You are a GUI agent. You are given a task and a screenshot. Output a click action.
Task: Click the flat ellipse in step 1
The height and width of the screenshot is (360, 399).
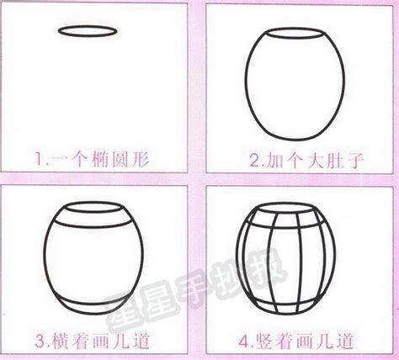click(x=87, y=32)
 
